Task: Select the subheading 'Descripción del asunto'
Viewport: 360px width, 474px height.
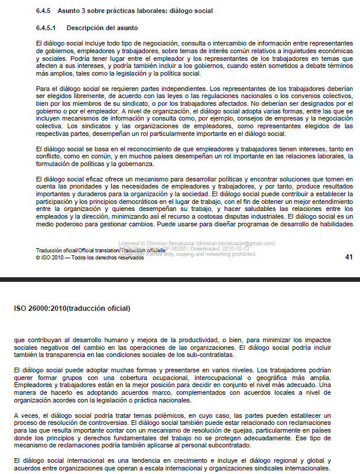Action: coord(102,28)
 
